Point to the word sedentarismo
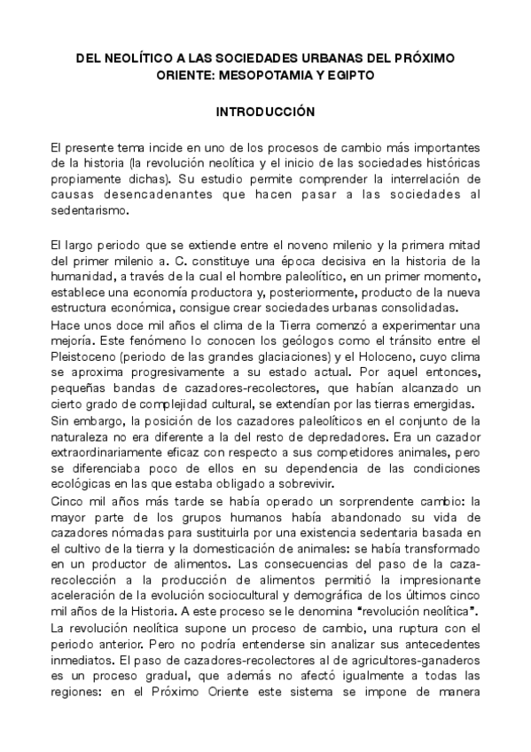(89, 211)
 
